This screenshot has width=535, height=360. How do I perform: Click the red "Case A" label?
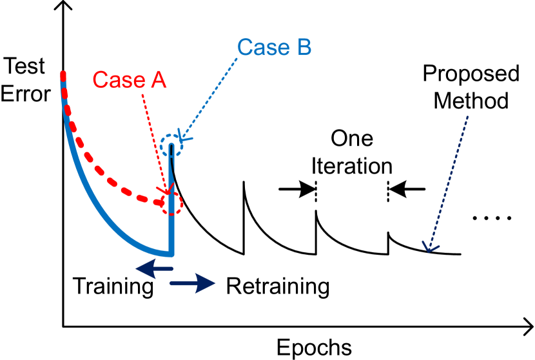tap(130, 80)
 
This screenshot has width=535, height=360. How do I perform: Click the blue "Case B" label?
tap(274, 48)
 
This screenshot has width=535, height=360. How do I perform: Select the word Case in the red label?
tap(117, 80)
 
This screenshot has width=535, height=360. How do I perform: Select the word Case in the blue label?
tap(261, 48)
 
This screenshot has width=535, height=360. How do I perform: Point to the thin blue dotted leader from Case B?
tap(213, 94)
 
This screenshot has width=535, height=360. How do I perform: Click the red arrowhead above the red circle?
tap(168, 190)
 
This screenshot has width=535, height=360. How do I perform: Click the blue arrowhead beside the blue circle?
tap(184, 137)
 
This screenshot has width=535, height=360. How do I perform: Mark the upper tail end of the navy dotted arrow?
tap(467, 117)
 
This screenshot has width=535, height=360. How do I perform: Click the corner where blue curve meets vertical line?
tap(171, 253)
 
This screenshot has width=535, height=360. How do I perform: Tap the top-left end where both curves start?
tap(63, 74)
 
